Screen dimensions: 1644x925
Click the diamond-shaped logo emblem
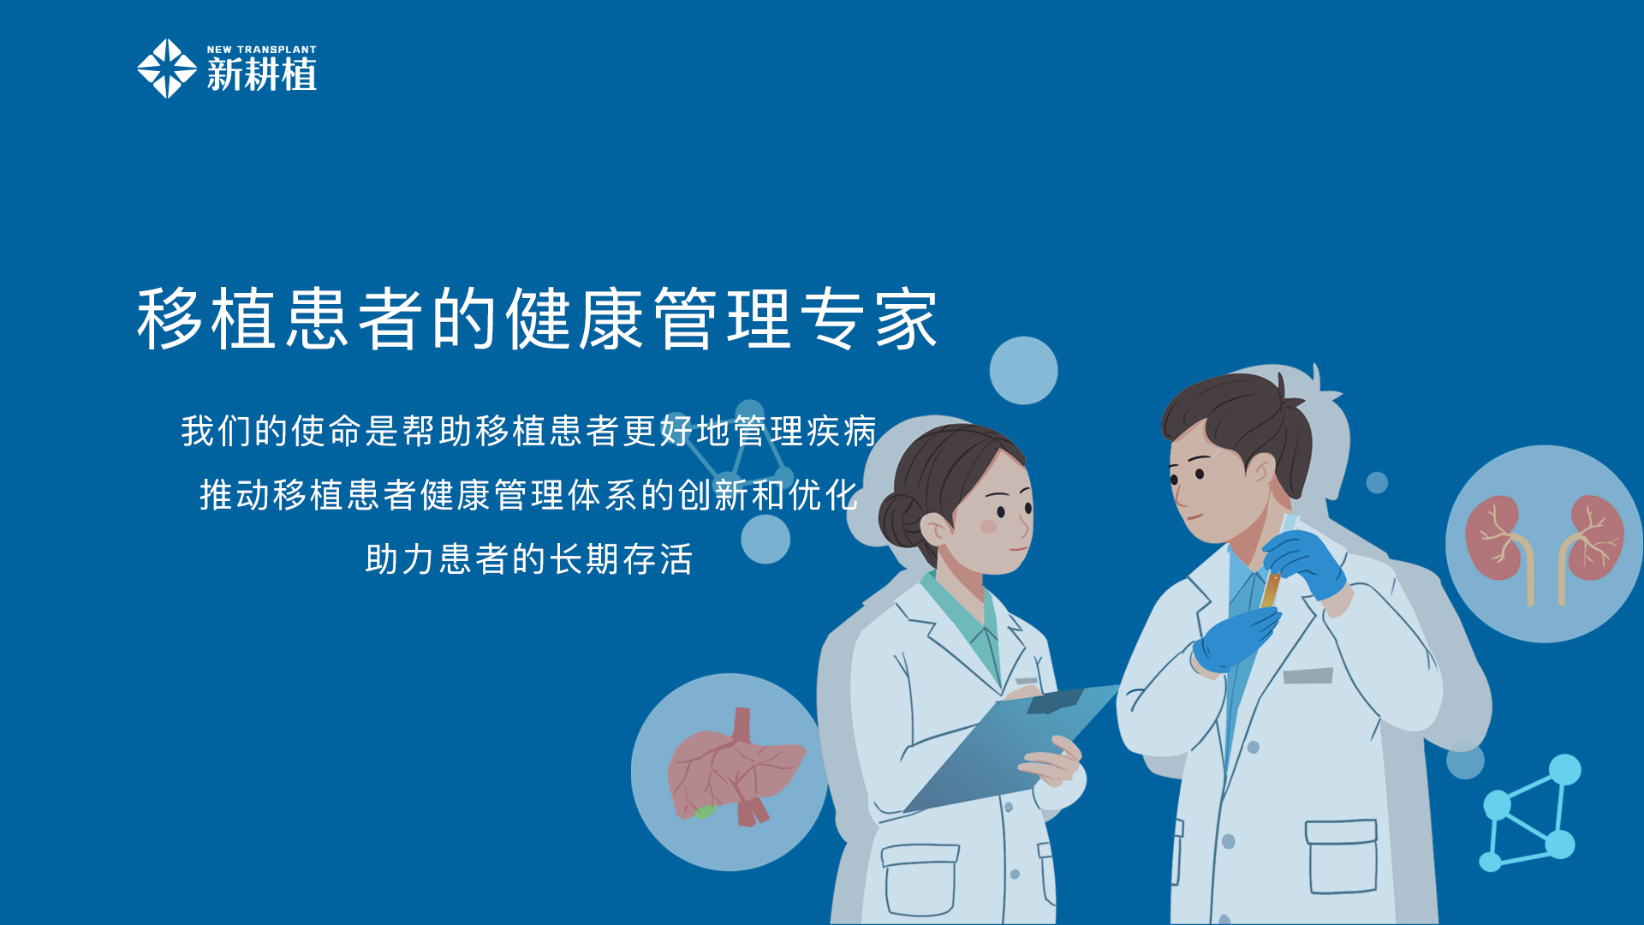(167, 69)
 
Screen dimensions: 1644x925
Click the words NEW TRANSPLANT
(262, 50)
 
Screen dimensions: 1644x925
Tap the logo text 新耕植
(262, 75)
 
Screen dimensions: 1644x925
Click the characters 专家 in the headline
(869, 319)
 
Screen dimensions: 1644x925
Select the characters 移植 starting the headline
(206, 319)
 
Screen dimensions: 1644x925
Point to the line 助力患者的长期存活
(528, 559)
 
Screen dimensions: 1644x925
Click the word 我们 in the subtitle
(217, 431)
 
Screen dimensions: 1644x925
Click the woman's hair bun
(900, 520)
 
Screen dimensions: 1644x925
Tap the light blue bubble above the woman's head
(1023, 371)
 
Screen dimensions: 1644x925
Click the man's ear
(1260, 473)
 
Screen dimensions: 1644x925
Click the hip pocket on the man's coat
(1341, 856)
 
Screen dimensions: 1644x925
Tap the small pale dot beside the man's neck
(1377, 483)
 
